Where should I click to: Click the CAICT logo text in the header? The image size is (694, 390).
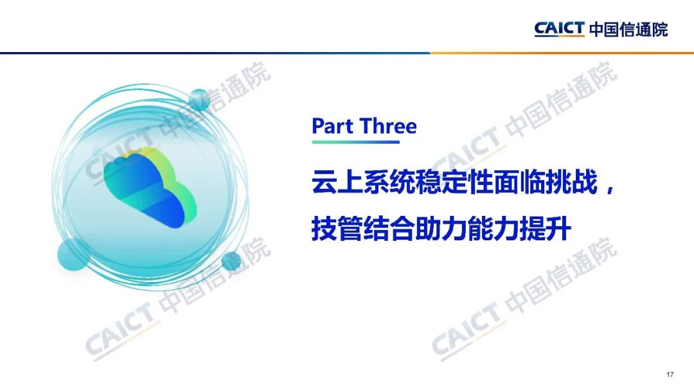tap(560, 29)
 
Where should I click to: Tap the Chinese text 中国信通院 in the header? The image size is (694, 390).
tap(628, 30)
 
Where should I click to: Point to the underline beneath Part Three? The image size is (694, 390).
tap(356, 142)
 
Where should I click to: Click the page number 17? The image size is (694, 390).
tap(670, 375)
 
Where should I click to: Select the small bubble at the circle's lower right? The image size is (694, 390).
tap(231, 261)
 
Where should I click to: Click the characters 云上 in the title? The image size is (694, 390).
tap(338, 182)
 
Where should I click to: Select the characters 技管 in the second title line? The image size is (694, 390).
tap(338, 229)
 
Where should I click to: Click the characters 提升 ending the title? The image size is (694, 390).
tap(546, 229)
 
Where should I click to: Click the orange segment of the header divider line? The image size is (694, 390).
tap(562, 53)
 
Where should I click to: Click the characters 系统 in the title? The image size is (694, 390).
tap(389, 182)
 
